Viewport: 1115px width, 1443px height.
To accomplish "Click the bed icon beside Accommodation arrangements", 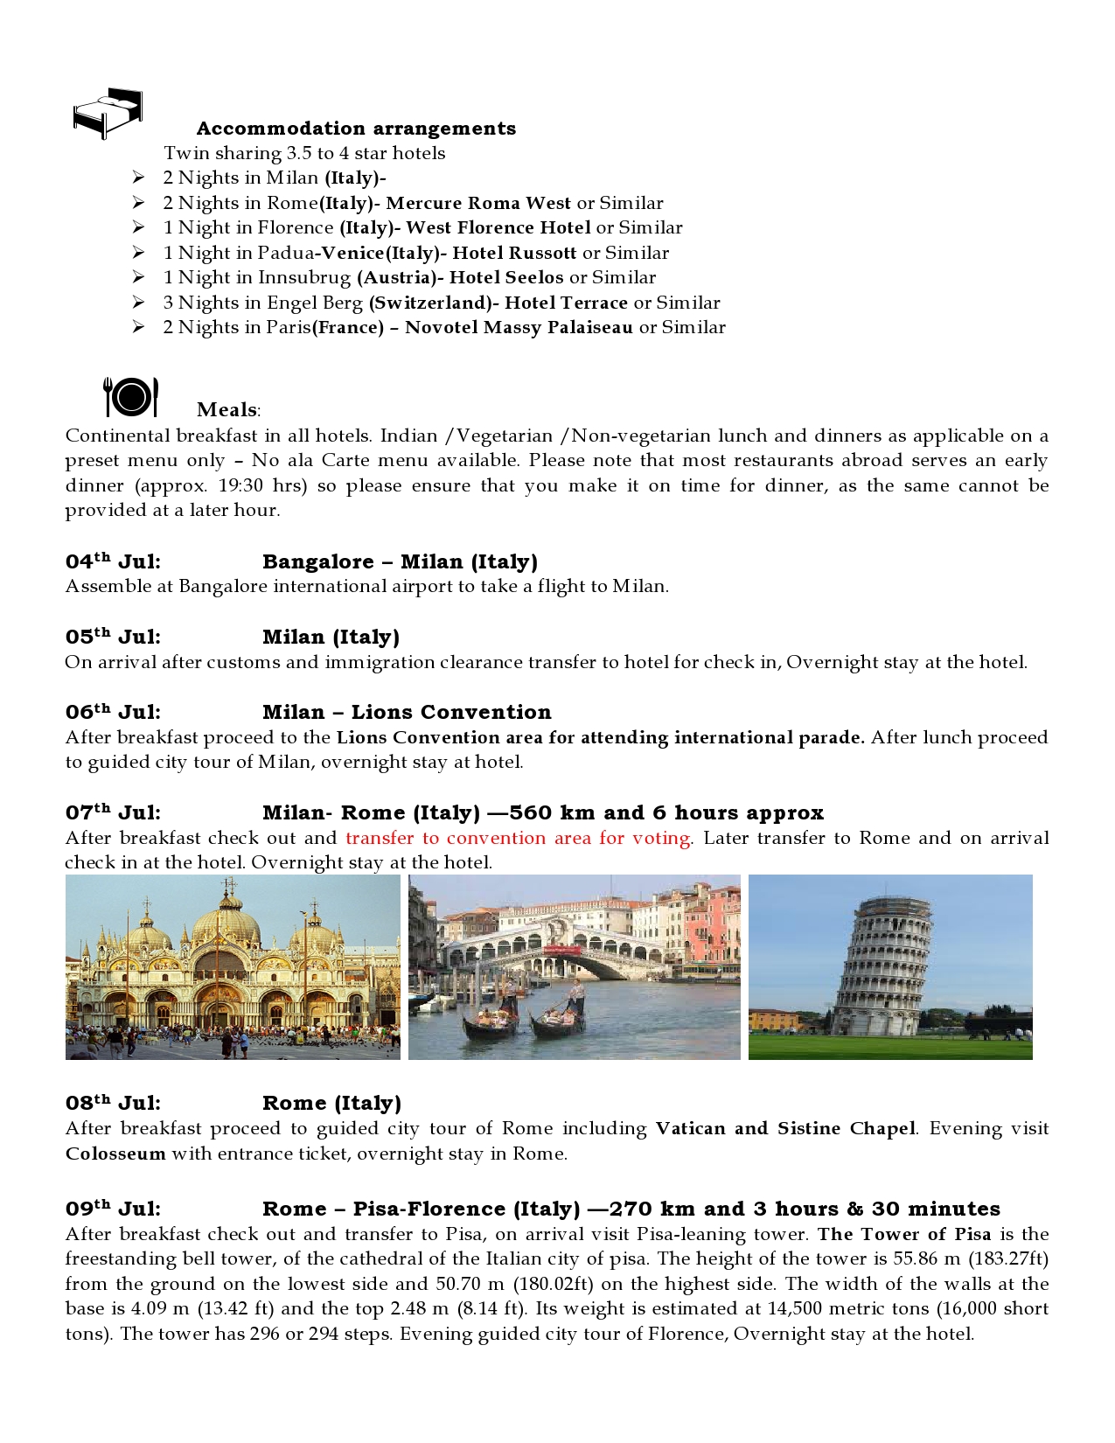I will tap(108, 113).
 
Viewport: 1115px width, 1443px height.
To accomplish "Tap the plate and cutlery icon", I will tap(131, 397).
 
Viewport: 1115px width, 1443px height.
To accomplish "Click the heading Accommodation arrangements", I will tap(356, 129).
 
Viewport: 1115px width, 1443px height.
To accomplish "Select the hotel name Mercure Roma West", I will tap(477, 203).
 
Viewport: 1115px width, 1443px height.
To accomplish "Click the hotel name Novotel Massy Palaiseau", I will tap(519, 327).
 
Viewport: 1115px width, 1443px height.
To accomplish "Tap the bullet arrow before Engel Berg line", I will tap(138, 303).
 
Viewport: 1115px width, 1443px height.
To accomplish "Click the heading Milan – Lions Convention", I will tap(407, 712).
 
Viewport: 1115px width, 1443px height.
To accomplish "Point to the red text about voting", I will tap(519, 838).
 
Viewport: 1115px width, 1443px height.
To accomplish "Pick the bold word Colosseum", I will tap(115, 1154).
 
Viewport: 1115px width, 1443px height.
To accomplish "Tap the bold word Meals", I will tap(227, 409).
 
